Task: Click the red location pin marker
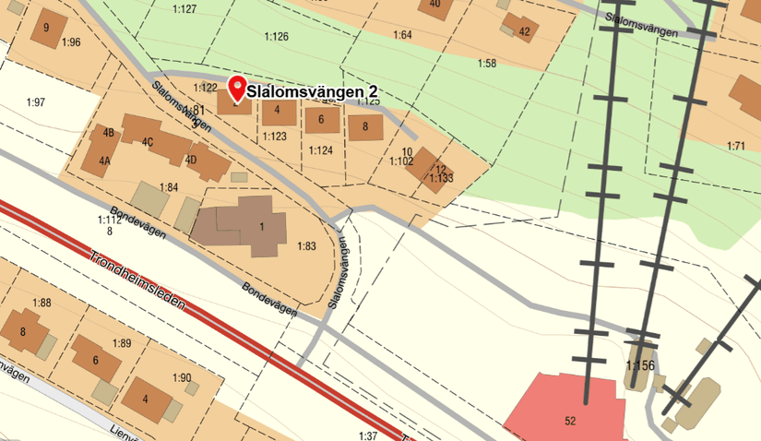click(236, 88)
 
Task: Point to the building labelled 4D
click(208, 162)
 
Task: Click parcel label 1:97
click(36, 101)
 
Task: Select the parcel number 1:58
click(487, 63)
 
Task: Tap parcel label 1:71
click(735, 146)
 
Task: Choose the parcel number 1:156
click(639, 366)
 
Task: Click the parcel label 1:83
click(306, 246)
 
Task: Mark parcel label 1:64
click(402, 35)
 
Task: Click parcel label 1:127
click(184, 8)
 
